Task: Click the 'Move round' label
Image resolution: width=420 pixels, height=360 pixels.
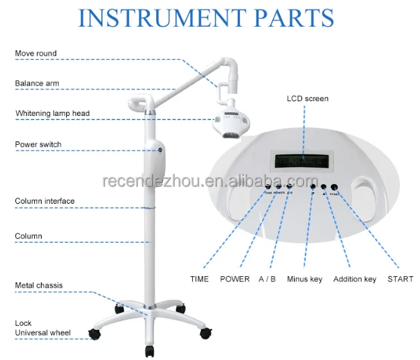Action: [x=36, y=54]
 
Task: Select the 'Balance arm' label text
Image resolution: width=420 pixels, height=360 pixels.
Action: [x=38, y=84]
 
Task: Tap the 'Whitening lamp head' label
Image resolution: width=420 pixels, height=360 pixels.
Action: [x=52, y=113]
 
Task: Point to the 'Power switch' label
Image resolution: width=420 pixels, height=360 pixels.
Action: [x=38, y=144]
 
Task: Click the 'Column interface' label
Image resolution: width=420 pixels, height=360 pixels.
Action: [x=45, y=201]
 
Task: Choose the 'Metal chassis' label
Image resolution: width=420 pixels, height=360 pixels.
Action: [x=39, y=286]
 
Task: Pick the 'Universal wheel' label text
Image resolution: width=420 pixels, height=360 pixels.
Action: [x=43, y=333]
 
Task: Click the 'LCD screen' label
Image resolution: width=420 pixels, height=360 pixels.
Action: [x=307, y=99]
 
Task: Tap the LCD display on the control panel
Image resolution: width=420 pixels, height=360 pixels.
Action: [x=302, y=161]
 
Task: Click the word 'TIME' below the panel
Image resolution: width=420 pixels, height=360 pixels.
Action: [x=200, y=279]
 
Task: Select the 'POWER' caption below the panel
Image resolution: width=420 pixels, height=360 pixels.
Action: [x=234, y=279]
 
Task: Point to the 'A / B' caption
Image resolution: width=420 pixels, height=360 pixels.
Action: [x=267, y=279]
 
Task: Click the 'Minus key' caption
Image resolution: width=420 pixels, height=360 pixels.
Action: [x=305, y=279]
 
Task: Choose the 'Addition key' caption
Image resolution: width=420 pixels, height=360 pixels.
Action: [x=355, y=279]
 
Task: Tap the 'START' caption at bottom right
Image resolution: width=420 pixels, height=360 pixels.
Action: [x=401, y=279]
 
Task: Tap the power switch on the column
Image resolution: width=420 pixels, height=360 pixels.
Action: [x=161, y=150]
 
